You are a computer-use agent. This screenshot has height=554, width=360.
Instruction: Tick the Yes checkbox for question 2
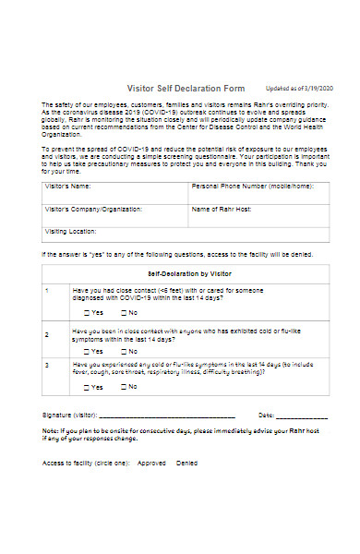point(85,351)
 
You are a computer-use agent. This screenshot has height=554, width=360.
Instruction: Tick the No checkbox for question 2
point(122,351)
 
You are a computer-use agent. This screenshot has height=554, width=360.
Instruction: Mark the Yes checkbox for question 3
point(85,387)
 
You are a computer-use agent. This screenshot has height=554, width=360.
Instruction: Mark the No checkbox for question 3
point(122,387)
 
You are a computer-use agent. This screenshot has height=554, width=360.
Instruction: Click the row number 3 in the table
point(48,366)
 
